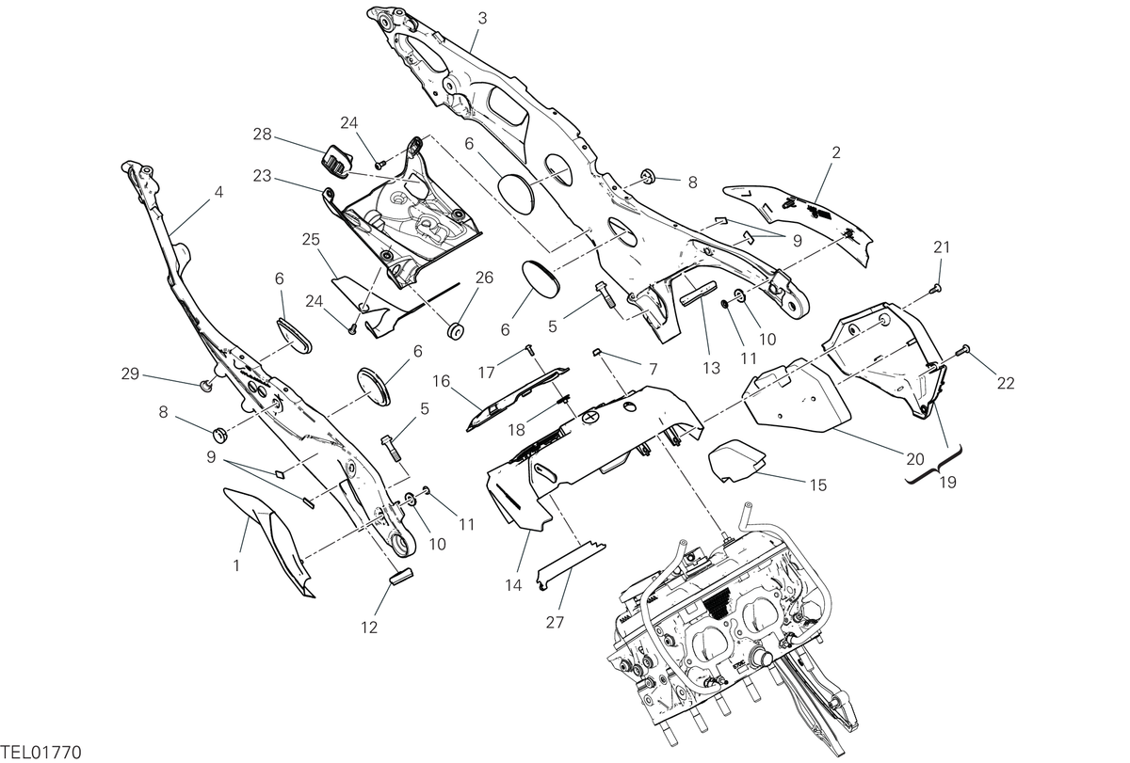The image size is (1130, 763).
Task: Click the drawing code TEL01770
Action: (40, 753)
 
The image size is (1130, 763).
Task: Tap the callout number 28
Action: (262, 135)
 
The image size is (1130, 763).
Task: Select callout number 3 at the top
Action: (482, 19)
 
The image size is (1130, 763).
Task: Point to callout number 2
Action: (836, 152)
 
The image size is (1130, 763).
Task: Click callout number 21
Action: (942, 247)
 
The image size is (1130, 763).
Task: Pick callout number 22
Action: (1006, 384)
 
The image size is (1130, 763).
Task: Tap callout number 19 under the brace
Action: (948, 483)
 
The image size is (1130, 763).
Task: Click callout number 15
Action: (818, 485)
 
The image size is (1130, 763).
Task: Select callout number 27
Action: (555, 623)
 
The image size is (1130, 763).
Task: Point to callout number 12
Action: (369, 628)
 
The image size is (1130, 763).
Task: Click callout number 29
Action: (130, 374)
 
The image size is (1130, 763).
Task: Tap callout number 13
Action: (711, 369)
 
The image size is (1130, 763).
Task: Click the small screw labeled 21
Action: (936, 288)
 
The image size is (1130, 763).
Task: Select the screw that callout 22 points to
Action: (964, 349)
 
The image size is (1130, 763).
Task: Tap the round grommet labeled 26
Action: (456, 331)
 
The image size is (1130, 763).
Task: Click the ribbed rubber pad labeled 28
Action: (336, 161)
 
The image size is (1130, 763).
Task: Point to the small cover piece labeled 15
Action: (737, 461)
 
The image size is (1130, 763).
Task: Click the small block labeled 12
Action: (401, 576)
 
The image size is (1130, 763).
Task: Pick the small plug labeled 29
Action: (206, 387)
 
